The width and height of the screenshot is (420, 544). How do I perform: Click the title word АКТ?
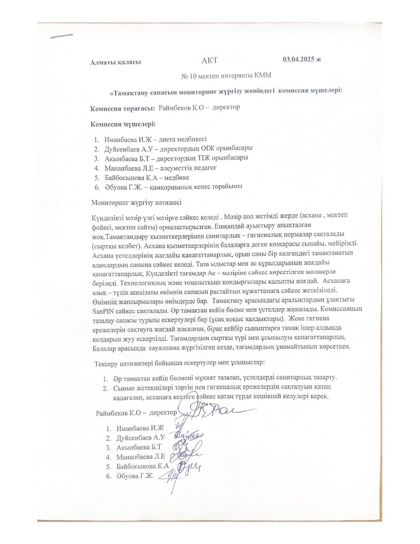tap(210, 60)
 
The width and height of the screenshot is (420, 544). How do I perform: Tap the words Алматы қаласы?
tap(116, 62)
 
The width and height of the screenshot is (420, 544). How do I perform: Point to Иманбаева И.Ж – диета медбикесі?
tap(155, 139)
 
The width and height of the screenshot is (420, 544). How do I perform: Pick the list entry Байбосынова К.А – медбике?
tap(147, 178)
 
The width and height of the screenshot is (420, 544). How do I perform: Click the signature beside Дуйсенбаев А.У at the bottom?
tap(188, 437)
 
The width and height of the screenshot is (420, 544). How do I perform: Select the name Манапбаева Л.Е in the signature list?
tap(140, 457)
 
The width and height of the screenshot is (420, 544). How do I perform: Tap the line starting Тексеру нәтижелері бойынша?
tap(180, 363)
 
